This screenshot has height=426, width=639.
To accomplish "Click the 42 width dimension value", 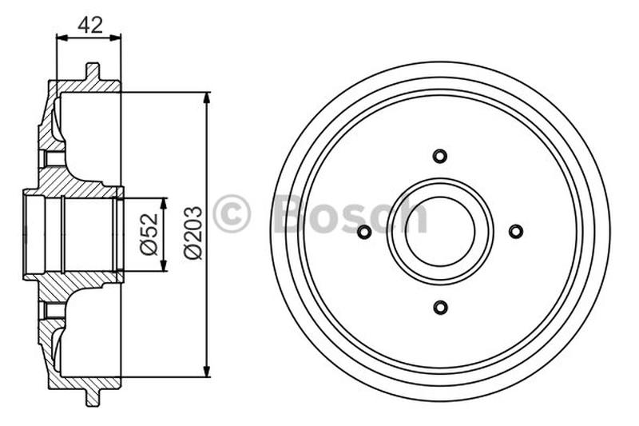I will click(x=89, y=24).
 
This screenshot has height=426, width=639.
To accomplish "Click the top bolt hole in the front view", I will click(x=440, y=156).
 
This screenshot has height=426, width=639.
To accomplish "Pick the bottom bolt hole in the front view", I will click(x=440, y=307).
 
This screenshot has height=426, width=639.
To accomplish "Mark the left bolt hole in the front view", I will click(x=364, y=232).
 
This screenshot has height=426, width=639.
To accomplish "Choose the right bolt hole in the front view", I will click(x=516, y=232).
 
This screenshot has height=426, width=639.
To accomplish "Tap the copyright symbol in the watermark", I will click(x=232, y=214).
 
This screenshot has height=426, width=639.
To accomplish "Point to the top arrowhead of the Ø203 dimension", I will click(x=207, y=98).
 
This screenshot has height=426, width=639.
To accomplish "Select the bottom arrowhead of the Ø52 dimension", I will click(x=164, y=267).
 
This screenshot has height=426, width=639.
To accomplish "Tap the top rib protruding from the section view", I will click(x=92, y=72).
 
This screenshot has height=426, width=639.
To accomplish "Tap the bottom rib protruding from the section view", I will click(x=92, y=396).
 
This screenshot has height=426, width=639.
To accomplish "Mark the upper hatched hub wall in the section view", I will click(x=76, y=187).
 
